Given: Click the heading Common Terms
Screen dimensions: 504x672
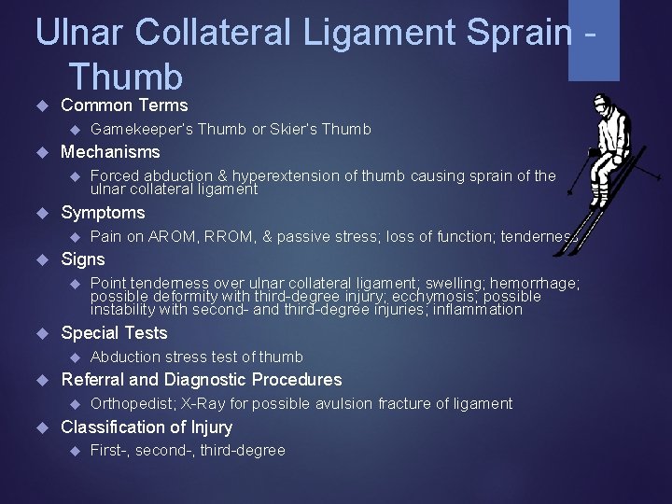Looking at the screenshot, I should pyautogui.click(x=124, y=105).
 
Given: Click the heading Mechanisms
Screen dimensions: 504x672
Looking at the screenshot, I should pyautogui.click(x=110, y=152).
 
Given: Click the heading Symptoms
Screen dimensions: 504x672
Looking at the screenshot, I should pyautogui.click(x=103, y=212).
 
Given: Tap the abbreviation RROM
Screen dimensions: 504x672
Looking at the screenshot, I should pyautogui.click(x=223, y=236).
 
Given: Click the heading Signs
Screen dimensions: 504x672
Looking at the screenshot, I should pyautogui.click(x=83, y=259).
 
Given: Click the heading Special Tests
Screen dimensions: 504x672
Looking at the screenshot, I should pyautogui.click(x=114, y=333).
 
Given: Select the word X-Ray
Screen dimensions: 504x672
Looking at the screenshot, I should pyautogui.click(x=201, y=403).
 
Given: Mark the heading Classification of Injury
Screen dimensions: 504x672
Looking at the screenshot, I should pyautogui.click(x=147, y=427).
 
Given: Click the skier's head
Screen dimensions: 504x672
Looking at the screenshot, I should pyautogui.click(x=600, y=103).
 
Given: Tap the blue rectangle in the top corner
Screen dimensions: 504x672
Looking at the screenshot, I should pyautogui.click(x=595, y=40).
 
